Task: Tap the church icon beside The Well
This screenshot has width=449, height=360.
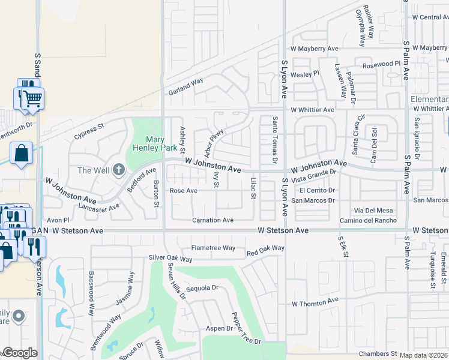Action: click(x=118, y=170)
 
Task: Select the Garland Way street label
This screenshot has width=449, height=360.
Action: click(x=185, y=86)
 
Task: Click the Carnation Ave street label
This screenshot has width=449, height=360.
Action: click(x=212, y=220)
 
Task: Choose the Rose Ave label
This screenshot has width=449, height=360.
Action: click(x=184, y=191)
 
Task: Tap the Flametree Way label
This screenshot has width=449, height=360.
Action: click(x=213, y=248)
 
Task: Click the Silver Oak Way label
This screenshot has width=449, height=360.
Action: click(x=170, y=259)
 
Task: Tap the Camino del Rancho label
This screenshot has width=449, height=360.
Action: click(x=367, y=220)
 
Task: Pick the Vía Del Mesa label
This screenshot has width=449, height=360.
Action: click(x=373, y=210)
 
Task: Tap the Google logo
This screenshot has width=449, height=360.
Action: click(x=19, y=353)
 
